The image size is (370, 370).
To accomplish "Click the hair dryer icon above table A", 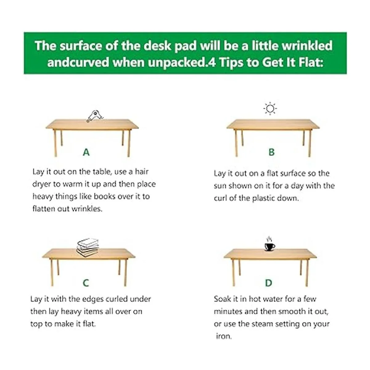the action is tap(95, 116).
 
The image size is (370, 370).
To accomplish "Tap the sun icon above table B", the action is tap(270, 109).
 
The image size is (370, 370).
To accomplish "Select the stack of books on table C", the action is tap(88, 247).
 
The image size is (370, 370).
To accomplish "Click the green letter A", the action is tap(86, 152).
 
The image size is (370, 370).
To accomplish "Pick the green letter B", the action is tap(272, 152).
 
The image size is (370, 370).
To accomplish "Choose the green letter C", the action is tap(86, 283).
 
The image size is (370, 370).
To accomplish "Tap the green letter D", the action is tap(269, 283).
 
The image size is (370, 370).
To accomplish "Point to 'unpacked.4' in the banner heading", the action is tap(182, 63).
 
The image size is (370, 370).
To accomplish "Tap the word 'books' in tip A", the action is tap(105, 196).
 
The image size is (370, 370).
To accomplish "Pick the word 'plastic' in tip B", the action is tap(265, 198).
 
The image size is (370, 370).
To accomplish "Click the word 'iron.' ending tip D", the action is tap(224, 336).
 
